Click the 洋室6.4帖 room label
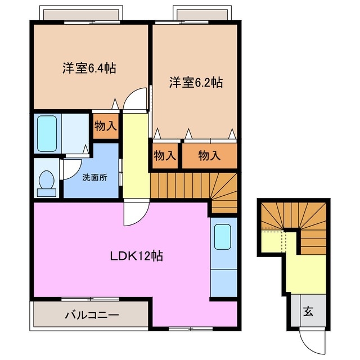pos(89,69)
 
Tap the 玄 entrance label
pos(309,310)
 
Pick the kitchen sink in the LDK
pos(223,237)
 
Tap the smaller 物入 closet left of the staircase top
pos(165,155)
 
